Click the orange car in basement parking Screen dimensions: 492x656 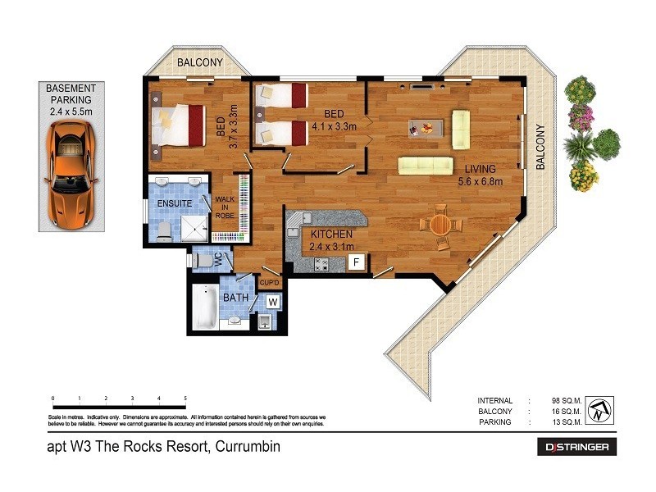coord(71,175)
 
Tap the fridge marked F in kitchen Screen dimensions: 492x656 coord(356,262)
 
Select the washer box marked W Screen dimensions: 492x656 coord(273,301)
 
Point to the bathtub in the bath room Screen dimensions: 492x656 coord(205,307)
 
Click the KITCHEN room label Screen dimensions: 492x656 coord(331,235)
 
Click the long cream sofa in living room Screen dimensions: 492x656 coord(426,165)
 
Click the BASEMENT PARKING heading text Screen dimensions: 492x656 coord(71,93)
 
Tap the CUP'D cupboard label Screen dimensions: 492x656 coord(270,283)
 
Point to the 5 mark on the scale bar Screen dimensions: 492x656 coord(185,399)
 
